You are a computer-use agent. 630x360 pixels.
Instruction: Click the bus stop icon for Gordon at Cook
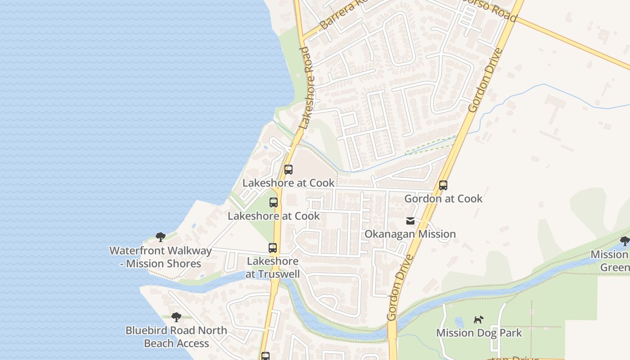click(443, 185)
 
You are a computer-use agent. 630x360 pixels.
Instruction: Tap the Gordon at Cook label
click(443, 198)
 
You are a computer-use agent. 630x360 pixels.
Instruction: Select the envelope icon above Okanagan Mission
click(410, 221)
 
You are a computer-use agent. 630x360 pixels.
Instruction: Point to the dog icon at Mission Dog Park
click(478, 320)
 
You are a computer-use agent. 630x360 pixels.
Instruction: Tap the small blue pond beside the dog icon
click(459, 322)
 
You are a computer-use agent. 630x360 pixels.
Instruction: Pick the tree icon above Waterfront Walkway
click(161, 237)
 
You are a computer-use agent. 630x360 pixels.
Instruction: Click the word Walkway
click(189, 251)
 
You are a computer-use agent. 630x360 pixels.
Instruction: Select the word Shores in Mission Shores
click(183, 264)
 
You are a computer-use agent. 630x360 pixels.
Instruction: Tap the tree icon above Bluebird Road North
click(176, 317)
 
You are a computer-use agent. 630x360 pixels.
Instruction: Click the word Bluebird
click(146, 330)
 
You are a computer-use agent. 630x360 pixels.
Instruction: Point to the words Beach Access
click(176, 343)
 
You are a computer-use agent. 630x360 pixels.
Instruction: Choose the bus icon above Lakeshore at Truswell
click(273, 248)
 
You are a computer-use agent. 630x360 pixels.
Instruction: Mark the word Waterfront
click(135, 251)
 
